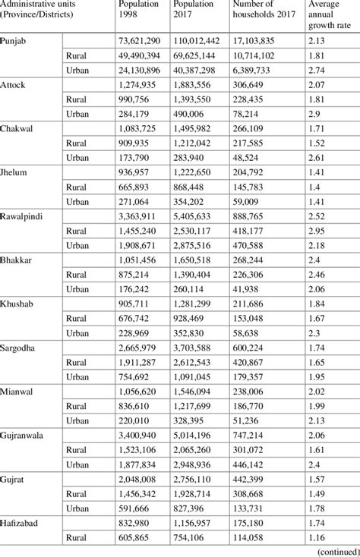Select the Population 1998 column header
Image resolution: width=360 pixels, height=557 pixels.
138,12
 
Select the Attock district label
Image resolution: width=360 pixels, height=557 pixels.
14,84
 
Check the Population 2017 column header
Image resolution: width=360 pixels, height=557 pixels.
202,12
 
